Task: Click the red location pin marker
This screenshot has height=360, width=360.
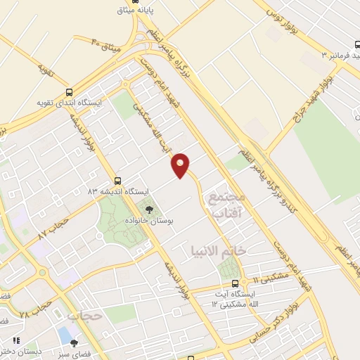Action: click(x=181, y=165)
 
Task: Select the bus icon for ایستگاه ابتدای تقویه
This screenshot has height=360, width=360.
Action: click(x=69, y=91)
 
